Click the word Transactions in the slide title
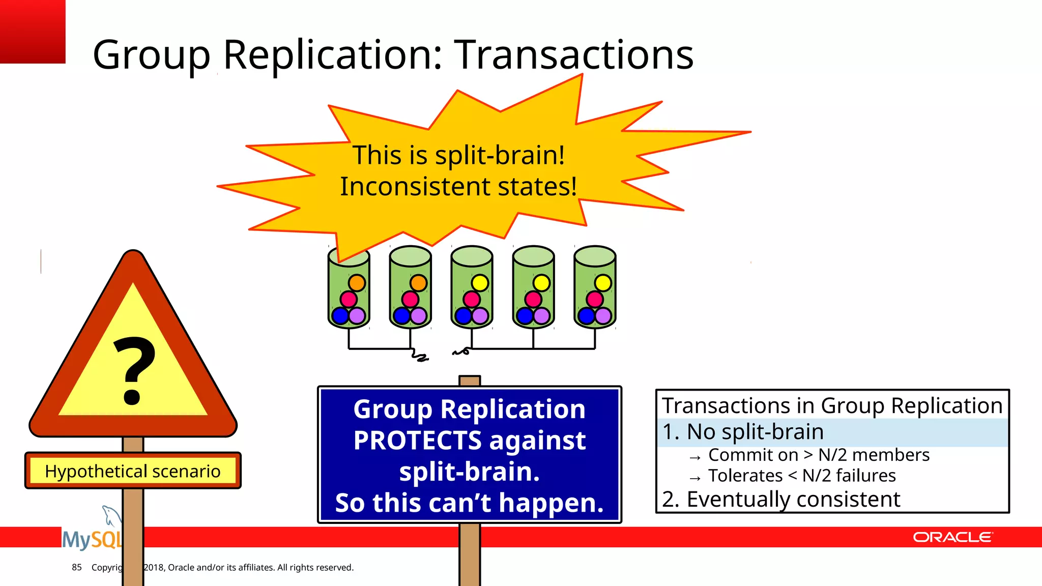coord(573,54)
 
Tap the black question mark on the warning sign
coord(133,370)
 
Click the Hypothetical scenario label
coord(133,471)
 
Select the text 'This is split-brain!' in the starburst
coord(458,155)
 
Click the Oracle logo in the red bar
coord(952,537)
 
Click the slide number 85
coord(77,567)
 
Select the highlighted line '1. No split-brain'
coord(743,432)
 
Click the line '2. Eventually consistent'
coord(781,499)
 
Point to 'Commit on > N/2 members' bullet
coord(818,455)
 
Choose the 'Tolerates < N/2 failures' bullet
coord(801,476)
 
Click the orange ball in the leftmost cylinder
coord(357,283)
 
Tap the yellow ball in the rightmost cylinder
coord(603,283)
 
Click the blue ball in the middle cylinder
coord(463,316)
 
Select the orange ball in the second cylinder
coord(418,283)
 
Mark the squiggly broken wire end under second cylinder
coord(420,356)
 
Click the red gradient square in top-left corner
coord(33,32)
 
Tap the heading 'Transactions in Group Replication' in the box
coord(832,405)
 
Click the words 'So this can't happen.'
coord(469,503)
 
